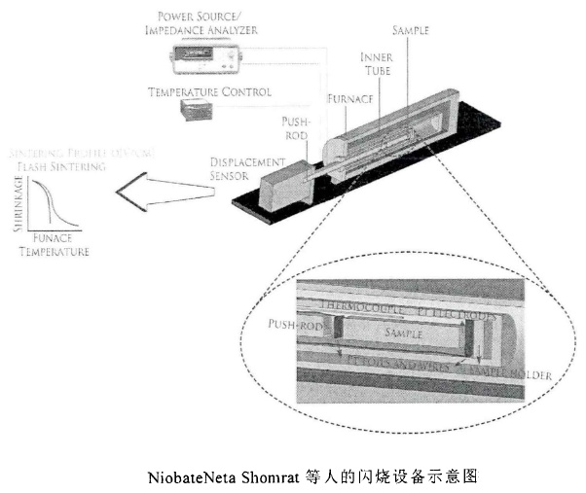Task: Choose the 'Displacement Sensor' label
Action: (x=247, y=167)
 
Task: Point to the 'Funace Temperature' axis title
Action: (x=59, y=244)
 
